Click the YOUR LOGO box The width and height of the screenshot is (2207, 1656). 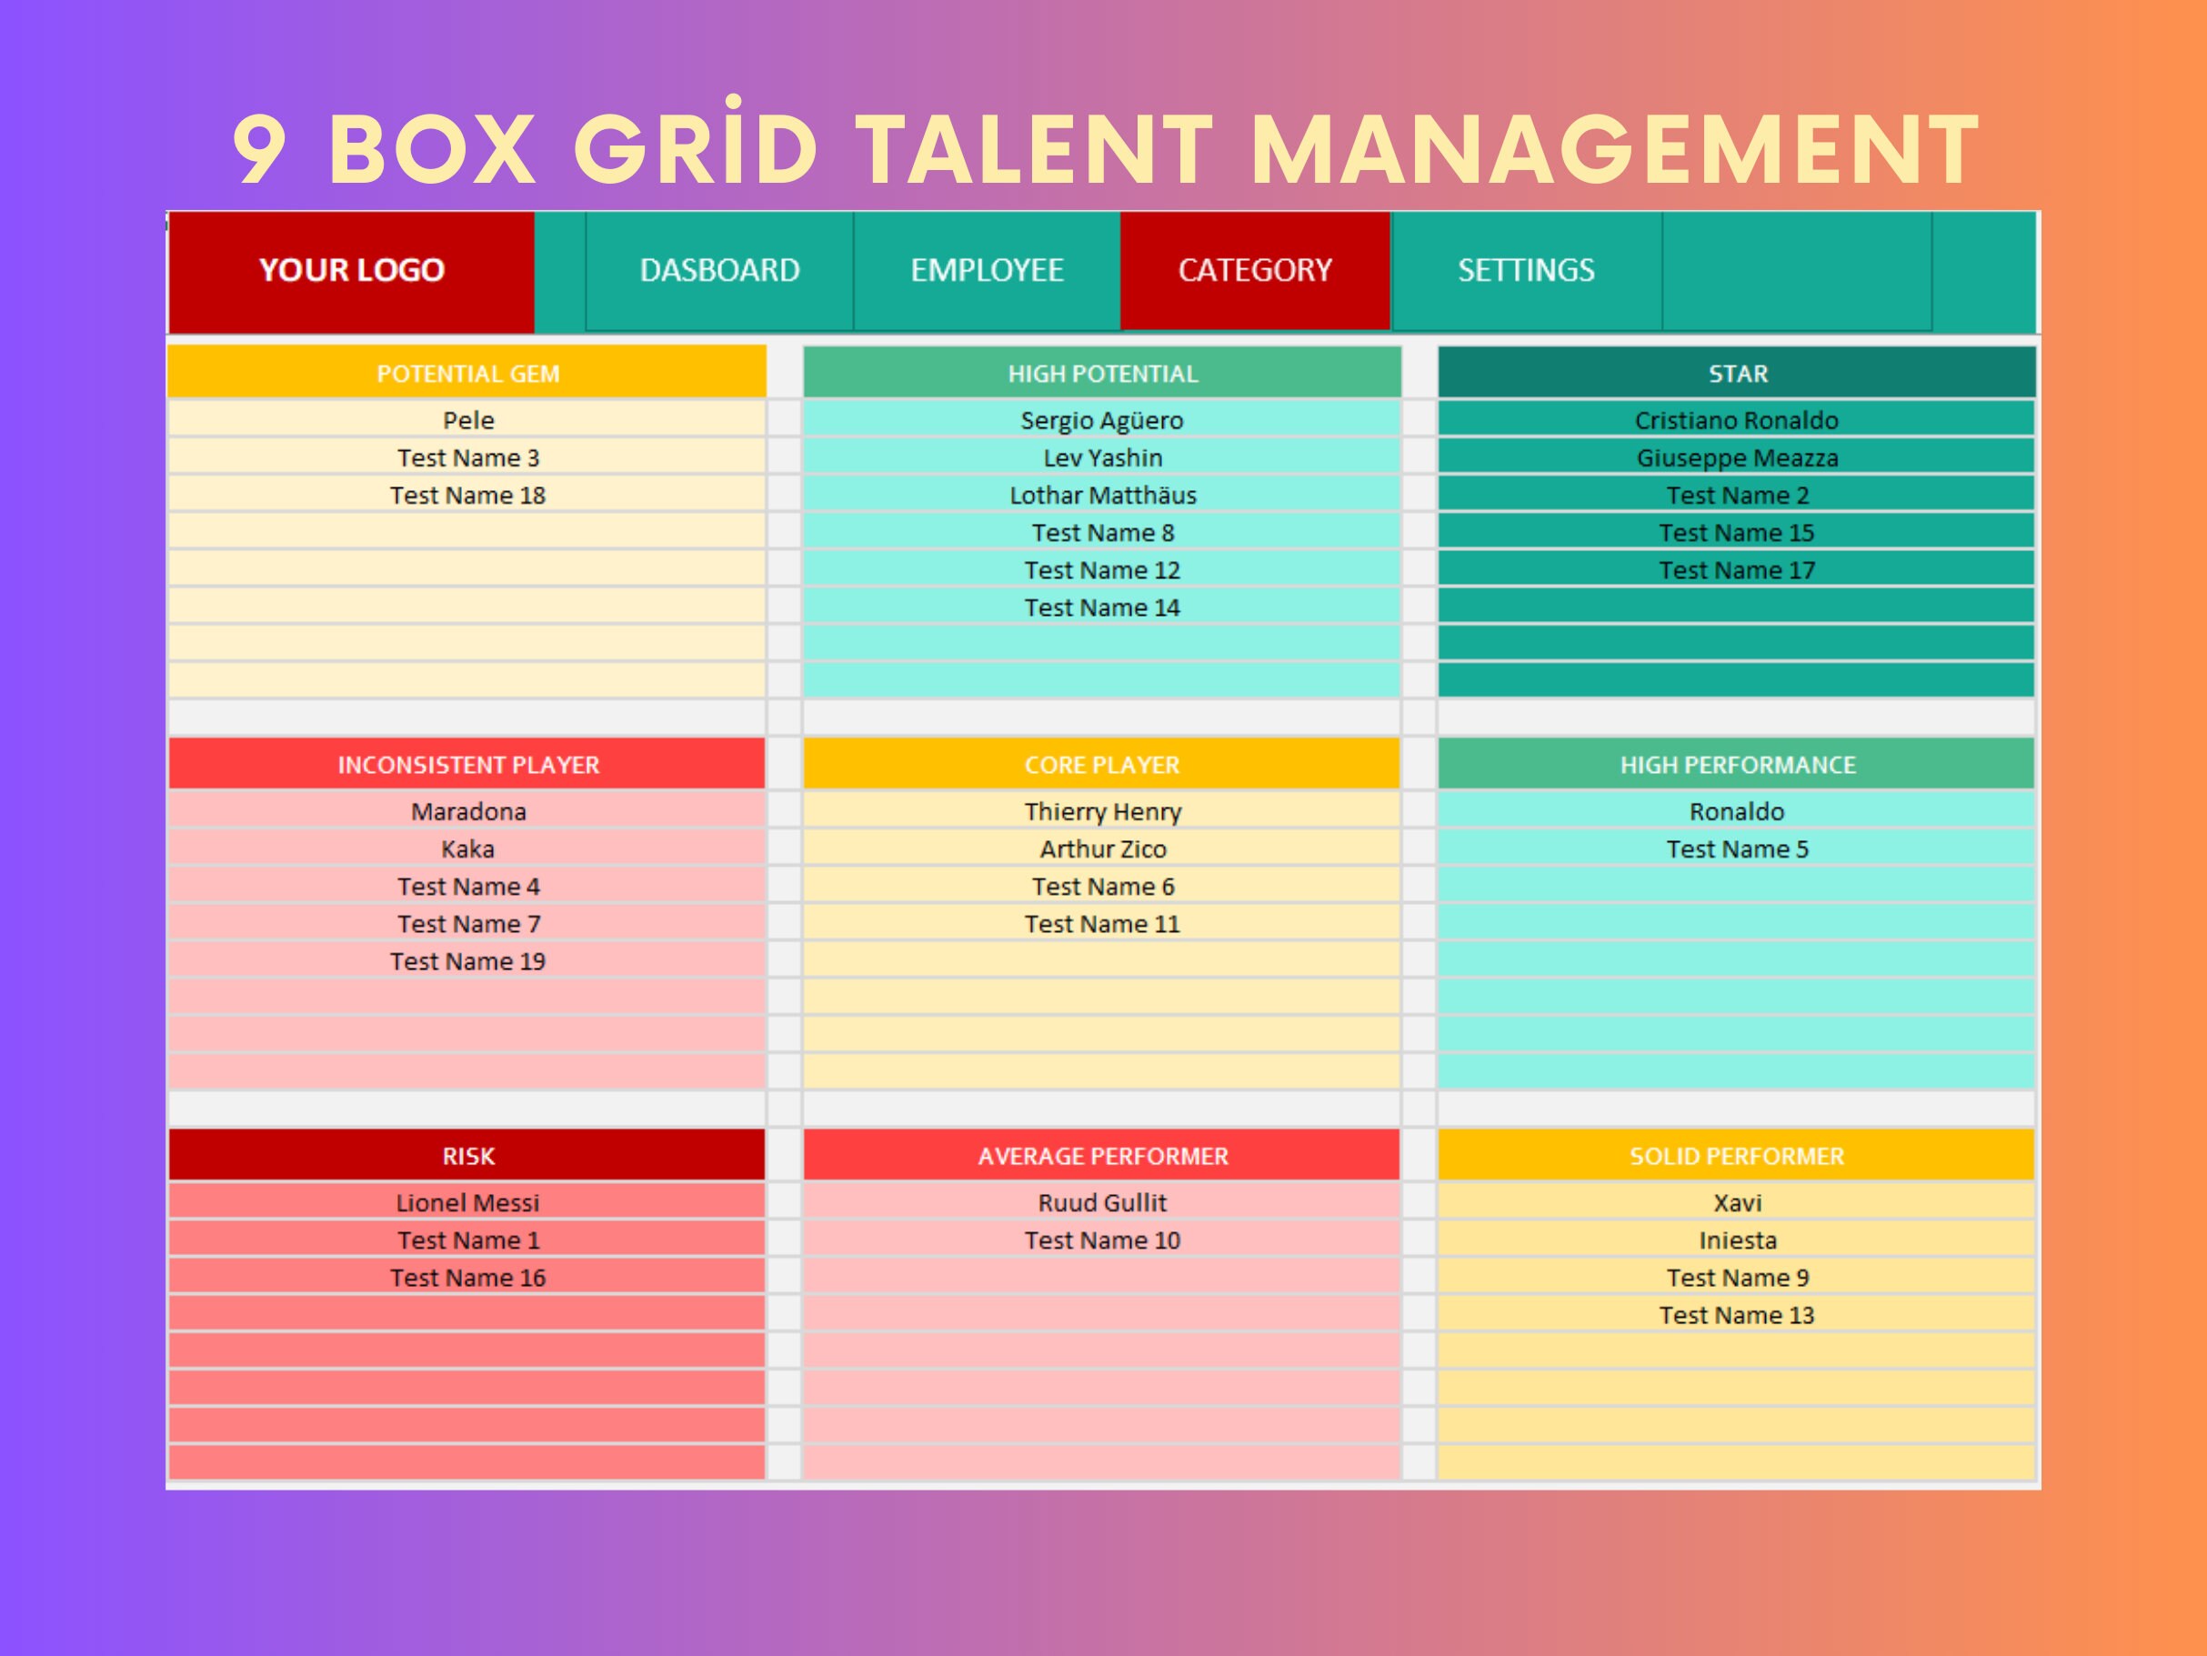(351, 270)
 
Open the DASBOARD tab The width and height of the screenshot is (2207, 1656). (719, 270)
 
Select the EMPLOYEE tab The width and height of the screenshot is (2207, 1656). (987, 270)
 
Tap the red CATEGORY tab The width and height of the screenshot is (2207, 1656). (1255, 270)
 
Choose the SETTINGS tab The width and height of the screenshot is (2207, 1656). (1526, 270)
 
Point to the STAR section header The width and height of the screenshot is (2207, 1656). (1737, 374)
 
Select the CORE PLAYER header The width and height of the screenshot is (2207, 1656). (1101, 765)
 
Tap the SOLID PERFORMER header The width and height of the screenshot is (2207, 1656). (1737, 1156)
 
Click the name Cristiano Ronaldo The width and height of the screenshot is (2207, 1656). (1736, 421)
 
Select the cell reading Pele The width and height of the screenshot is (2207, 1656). (468, 421)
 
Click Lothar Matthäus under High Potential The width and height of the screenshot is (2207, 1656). (1102, 496)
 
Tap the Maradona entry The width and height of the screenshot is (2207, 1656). (468, 812)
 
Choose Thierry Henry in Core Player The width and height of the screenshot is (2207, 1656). (1102, 812)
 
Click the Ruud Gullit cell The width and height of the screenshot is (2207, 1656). (1102, 1203)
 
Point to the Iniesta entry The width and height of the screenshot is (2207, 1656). (1737, 1241)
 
